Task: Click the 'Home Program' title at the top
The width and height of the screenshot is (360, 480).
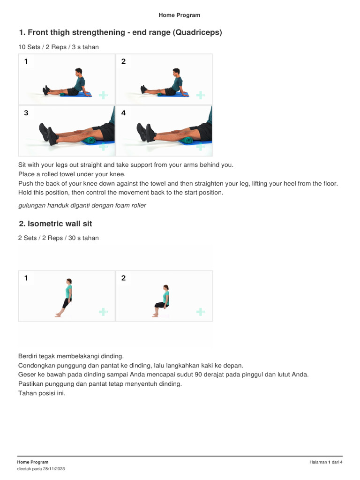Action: pos(180,15)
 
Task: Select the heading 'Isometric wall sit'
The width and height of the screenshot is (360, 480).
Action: pos(60,224)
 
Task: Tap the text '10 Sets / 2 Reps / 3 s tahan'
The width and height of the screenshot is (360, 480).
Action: pos(59,47)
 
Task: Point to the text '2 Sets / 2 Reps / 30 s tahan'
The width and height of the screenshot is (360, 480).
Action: pos(59,238)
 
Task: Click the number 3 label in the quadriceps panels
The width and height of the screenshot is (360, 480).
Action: pos(26,112)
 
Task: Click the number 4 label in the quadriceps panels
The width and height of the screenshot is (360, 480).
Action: pos(123,112)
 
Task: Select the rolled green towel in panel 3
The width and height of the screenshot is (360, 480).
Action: pos(90,140)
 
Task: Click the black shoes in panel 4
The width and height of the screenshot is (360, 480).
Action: pos(146,132)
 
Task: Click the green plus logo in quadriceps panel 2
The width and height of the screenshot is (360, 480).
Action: pos(200,95)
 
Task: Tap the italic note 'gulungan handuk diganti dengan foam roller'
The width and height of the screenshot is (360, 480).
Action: pos(82,205)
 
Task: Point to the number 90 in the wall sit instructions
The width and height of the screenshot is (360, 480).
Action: pos(198,375)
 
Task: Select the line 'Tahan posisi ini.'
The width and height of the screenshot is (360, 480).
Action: pos(42,393)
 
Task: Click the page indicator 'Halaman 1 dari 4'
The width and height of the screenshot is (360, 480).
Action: pos(326,462)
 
